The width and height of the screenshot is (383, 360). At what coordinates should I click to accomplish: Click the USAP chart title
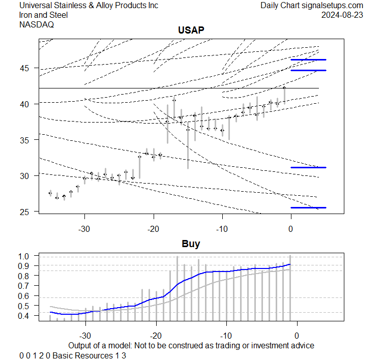(191, 31)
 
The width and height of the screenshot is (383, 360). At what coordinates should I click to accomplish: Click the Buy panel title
(191, 244)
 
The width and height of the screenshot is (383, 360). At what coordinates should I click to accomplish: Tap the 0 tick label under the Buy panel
(297, 336)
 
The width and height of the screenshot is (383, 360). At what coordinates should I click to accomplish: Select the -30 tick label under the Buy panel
(85, 336)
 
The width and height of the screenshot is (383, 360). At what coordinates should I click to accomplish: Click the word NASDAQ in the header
(37, 24)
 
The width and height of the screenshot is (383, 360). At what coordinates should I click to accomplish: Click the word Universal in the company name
(36, 6)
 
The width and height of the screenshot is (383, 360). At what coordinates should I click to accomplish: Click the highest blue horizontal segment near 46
(308, 60)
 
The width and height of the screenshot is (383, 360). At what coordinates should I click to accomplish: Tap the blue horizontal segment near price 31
(308, 167)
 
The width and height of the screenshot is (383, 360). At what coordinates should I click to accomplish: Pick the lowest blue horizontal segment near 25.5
(308, 207)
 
